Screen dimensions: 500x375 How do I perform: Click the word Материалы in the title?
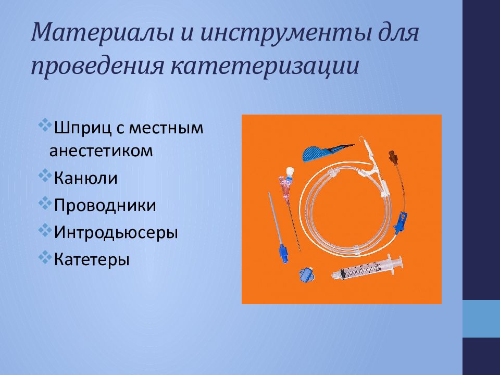click(x=103, y=32)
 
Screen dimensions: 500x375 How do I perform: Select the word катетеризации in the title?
click(x=265, y=66)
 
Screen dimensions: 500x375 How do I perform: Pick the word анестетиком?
click(x=101, y=151)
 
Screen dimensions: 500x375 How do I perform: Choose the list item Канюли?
click(x=85, y=178)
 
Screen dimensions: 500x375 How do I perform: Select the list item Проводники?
click(x=105, y=205)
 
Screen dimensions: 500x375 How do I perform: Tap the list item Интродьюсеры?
click(x=116, y=232)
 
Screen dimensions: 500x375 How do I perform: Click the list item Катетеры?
click(x=92, y=259)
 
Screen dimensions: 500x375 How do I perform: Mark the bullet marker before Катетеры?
click(x=45, y=257)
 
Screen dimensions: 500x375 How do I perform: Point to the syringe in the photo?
click(x=367, y=267)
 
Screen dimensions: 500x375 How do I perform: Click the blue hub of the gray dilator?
click(x=284, y=254)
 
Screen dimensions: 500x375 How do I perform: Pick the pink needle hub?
click(x=284, y=186)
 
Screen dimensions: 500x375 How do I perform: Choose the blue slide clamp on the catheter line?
click(x=401, y=222)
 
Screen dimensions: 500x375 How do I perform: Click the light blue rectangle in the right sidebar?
click(x=481, y=319)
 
